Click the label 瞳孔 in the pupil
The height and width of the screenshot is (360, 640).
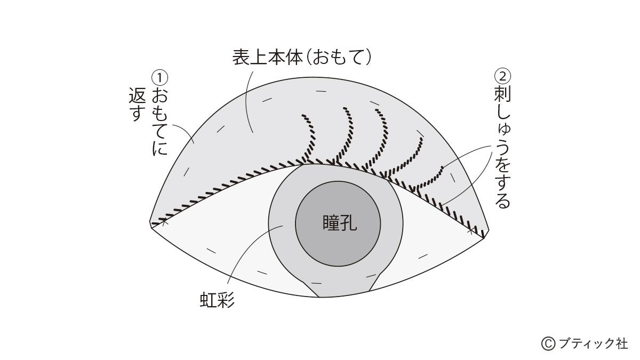tap(340, 223)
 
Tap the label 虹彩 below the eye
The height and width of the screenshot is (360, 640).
tap(217, 301)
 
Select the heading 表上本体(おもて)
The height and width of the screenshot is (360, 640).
tap(302, 57)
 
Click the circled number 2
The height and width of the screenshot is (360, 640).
tap(502, 76)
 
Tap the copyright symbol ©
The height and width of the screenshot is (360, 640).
tap(548, 343)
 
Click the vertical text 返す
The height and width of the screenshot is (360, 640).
tap(138, 104)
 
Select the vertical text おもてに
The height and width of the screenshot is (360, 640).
tap(159, 121)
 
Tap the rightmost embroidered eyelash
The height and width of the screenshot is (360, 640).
tap(429, 178)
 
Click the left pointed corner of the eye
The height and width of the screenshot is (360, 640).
tap(151, 225)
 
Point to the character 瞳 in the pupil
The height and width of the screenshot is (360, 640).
tap(331, 223)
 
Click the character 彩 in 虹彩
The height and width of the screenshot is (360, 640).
tap(226, 301)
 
